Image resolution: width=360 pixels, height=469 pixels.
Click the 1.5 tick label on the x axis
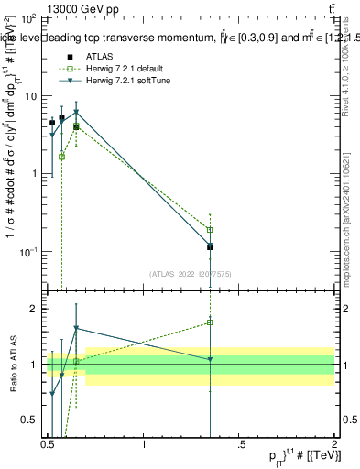click(x=240, y=444)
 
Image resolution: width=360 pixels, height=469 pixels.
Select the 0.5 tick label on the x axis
click(x=48, y=444)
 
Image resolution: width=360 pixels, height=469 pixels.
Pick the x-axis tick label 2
click(x=335, y=444)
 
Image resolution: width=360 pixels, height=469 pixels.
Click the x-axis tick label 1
click(x=144, y=444)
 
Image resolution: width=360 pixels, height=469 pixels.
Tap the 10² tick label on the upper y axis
click(x=27, y=18)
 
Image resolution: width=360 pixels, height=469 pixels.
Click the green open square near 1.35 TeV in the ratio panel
click(x=211, y=322)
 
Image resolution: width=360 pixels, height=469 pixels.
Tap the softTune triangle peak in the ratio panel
click(x=76, y=328)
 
